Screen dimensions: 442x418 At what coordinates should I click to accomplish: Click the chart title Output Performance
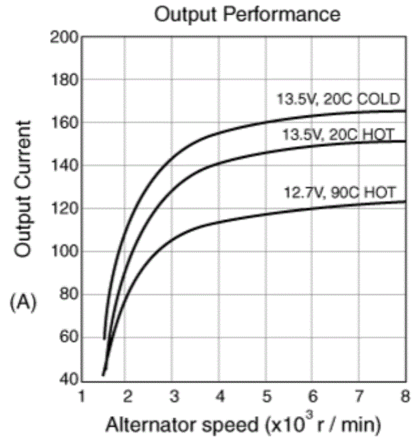pos(248,14)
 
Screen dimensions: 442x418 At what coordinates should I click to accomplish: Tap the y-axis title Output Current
pos(24,189)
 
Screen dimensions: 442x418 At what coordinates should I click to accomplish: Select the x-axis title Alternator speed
pos(245,423)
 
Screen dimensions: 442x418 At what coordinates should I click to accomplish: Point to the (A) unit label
pos(23,301)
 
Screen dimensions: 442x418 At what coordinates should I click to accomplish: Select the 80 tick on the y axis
pos(66,295)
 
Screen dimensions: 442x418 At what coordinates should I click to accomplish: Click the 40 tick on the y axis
pos(66,381)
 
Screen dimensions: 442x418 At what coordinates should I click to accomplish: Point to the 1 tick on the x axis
pos(82,397)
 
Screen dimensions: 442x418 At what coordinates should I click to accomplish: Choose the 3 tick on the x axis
pos(173,397)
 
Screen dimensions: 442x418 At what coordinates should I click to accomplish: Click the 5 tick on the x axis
pos(266,397)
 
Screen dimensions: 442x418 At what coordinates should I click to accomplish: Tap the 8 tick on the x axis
pos(404,397)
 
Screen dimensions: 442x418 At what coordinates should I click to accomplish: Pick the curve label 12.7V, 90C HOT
pos(339,192)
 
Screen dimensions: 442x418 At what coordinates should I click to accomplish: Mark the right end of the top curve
pos(404,111)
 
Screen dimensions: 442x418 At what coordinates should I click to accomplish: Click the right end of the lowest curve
pos(404,202)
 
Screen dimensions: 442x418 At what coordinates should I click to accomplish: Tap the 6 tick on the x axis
pos(312,397)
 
